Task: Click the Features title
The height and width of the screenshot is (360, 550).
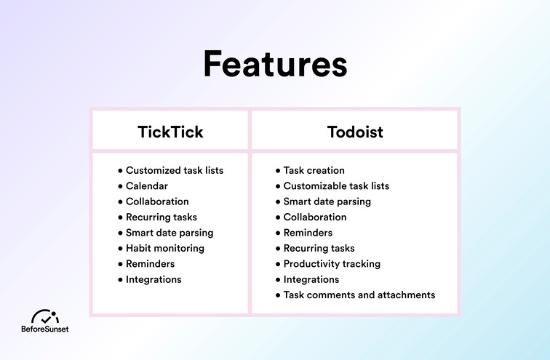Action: tap(275, 64)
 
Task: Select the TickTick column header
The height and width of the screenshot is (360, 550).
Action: tap(170, 132)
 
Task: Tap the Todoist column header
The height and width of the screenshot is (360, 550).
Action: tap(355, 132)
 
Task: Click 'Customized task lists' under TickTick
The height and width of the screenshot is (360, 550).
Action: tap(174, 170)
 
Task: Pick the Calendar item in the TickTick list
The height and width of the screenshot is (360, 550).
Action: tap(146, 186)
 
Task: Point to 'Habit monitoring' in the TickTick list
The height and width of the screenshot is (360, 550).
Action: tap(164, 248)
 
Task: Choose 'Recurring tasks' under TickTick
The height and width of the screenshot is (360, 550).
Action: tap(161, 217)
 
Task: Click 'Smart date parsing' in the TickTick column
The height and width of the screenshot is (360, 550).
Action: tap(169, 233)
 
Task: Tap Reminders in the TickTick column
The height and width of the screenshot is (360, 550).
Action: tap(150, 263)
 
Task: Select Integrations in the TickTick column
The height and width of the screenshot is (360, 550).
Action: tap(154, 279)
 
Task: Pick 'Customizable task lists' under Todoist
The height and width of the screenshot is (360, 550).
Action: tap(336, 186)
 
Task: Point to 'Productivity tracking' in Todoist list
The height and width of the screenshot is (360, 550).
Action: tap(332, 264)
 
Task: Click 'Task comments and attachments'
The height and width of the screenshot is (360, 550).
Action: tap(359, 295)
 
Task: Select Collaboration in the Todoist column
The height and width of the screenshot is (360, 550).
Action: tap(315, 217)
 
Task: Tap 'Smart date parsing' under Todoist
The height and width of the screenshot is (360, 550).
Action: tap(327, 201)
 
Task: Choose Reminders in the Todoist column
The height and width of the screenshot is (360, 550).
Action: tap(308, 233)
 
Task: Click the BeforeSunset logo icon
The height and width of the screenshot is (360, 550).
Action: tap(45, 316)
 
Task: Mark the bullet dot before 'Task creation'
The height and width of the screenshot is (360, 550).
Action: tap(278, 171)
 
